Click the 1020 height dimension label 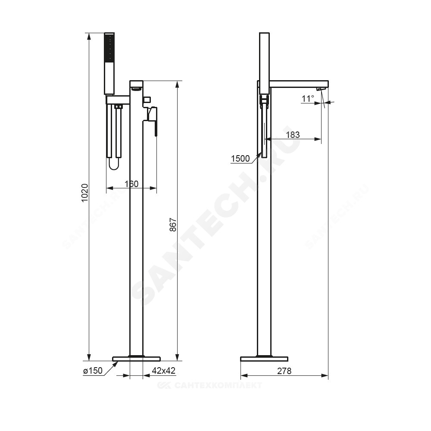[85, 193]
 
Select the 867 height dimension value [173, 225]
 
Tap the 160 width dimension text [131, 184]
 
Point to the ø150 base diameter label [93, 371]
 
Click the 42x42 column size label [163, 371]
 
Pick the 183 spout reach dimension [293, 134]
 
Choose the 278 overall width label [284, 371]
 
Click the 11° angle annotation [308, 98]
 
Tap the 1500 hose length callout [240, 159]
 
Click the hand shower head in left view [109, 64]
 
